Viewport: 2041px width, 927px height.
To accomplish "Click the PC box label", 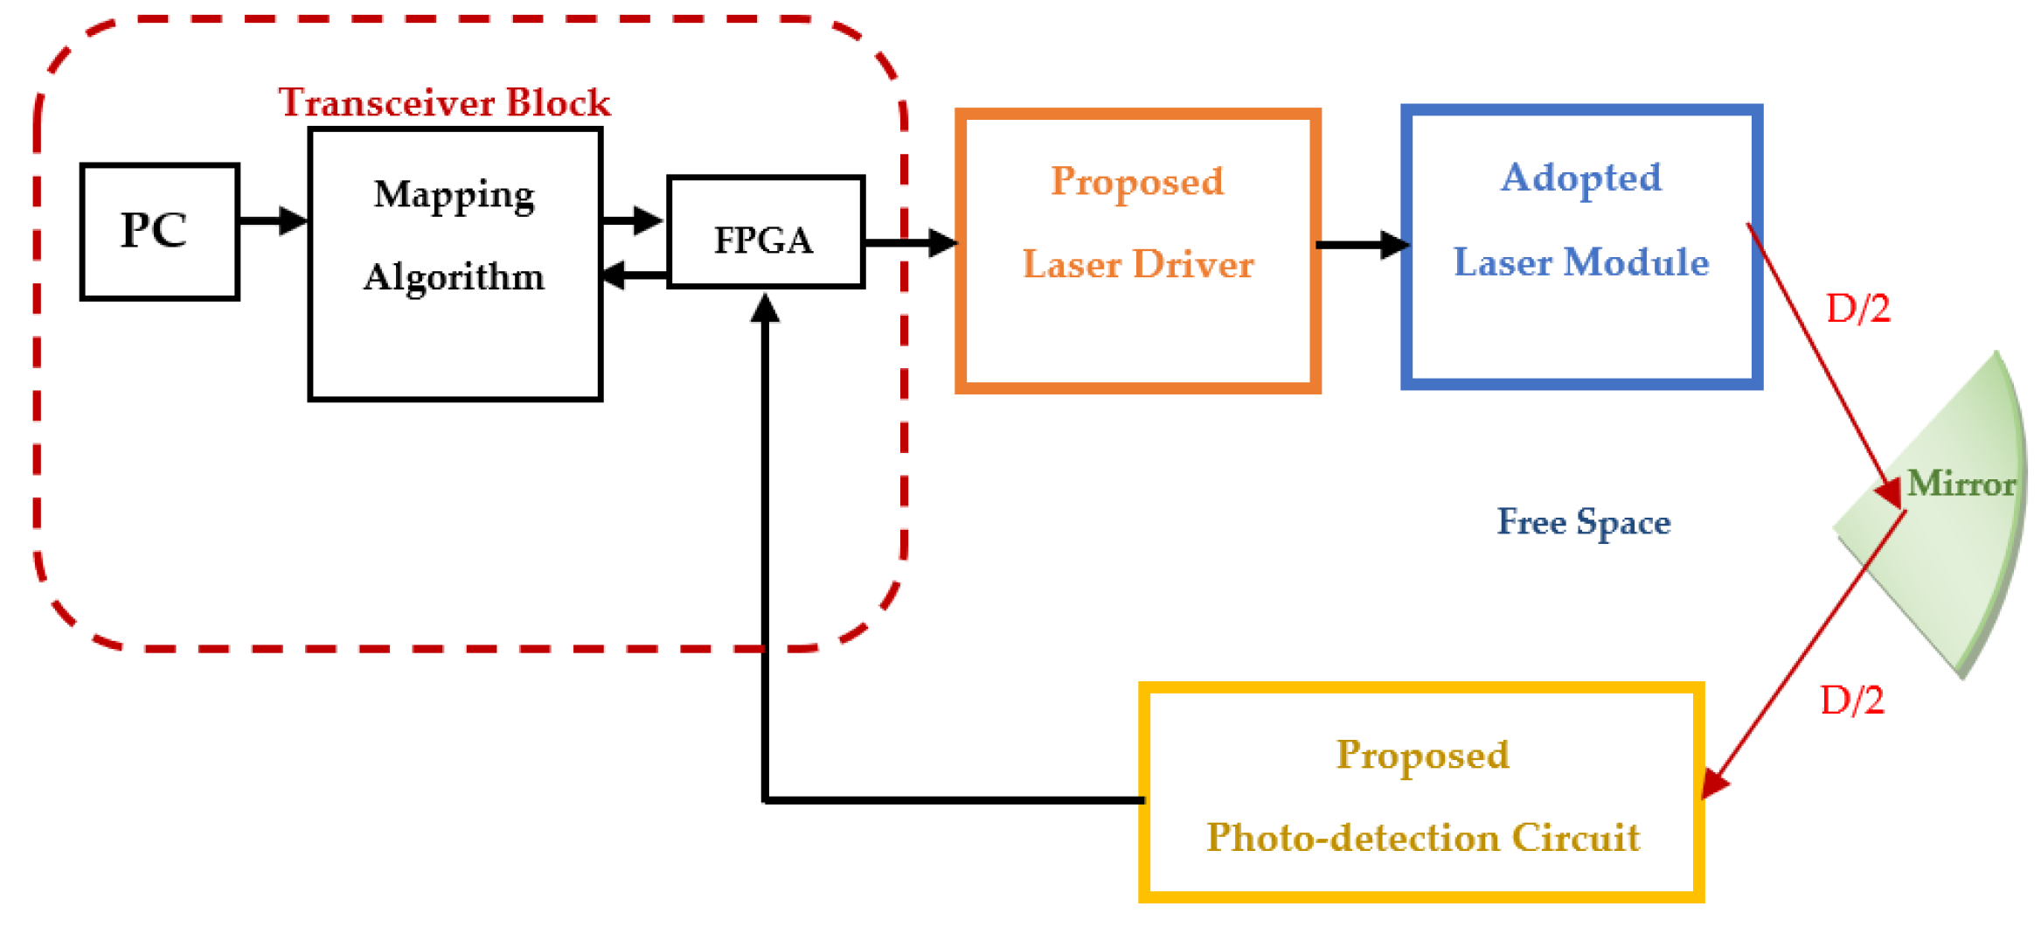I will [154, 231].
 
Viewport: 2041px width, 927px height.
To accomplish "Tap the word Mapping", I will [454, 195].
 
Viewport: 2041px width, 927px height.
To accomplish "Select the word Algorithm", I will [454, 277].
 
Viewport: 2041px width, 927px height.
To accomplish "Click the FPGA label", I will [763, 240].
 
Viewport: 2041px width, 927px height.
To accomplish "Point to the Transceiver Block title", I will [444, 102].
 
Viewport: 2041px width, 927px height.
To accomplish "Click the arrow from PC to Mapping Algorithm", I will [274, 220].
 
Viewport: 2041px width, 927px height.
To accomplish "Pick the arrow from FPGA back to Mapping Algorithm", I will [634, 275].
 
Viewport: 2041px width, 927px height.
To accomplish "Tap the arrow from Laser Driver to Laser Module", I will [1362, 245].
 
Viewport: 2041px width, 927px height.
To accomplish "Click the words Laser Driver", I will [1138, 264].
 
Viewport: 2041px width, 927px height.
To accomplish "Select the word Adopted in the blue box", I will [1581, 178].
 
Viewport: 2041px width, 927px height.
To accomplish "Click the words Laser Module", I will [1581, 262].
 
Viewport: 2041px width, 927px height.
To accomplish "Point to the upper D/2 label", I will [1858, 309].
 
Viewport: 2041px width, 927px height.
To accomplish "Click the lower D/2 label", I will [1851, 700].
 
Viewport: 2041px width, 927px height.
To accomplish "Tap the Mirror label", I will [1961, 483].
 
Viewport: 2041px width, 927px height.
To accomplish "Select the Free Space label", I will [1583, 522].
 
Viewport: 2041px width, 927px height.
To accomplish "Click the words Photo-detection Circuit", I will [1423, 838].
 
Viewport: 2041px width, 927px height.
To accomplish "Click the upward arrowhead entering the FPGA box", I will [765, 308].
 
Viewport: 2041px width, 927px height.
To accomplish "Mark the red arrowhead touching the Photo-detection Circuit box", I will [1715, 782].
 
